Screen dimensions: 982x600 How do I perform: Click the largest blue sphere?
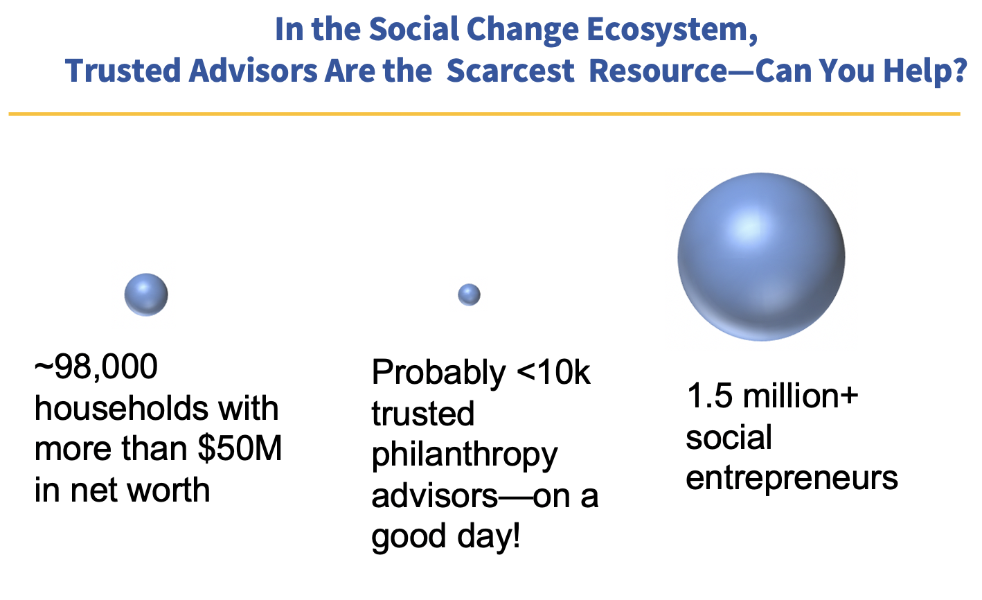[762, 256]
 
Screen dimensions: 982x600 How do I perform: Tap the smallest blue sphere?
[469, 294]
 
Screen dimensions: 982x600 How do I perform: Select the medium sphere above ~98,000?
[146, 294]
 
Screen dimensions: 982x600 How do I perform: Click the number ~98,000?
[96, 367]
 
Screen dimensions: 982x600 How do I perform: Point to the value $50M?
[240, 449]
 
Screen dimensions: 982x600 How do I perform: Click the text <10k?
[553, 372]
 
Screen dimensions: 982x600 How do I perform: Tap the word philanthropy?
[465, 456]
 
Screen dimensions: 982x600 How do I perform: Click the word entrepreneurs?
[792, 479]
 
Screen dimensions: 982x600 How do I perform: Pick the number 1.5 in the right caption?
[710, 396]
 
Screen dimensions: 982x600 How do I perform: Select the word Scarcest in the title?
[510, 71]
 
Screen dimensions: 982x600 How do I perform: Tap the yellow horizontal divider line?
[485, 114]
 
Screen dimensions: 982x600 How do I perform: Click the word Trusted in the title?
[123, 71]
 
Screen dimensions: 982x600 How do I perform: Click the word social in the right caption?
[729, 438]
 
